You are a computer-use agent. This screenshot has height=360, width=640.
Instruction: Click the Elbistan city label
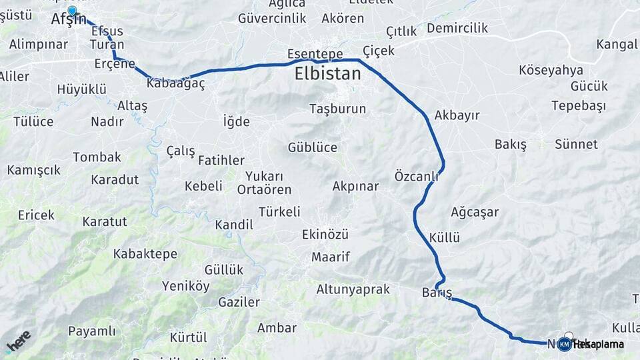click(x=327, y=74)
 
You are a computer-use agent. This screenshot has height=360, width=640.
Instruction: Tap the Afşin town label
click(x=69, y=21)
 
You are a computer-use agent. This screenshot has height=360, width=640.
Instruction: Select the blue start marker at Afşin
click(x=72, y=11)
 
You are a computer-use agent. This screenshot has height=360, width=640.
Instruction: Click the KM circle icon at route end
click(x=564, y=344)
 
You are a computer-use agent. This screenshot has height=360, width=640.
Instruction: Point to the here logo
click(x=18, y=341)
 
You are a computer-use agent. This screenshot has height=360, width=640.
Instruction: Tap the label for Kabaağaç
click(x=175, y=84)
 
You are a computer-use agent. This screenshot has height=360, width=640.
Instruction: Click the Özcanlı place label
click(x=416, y=176)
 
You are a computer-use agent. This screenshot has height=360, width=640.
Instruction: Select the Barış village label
click(x=437, y=293)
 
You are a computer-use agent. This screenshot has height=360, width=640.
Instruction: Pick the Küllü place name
click(x=445, y=238)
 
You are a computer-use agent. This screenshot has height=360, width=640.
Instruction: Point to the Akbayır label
click(x=457, y=115)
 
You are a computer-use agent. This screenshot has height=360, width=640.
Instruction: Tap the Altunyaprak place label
click(x=354, y=289)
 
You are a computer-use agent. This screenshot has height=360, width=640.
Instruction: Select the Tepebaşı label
click(x=579, y=106)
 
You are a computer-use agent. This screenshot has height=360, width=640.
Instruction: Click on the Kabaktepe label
click(x=145, y=254)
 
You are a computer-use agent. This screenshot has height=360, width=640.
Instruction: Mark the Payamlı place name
click(x=92, y=331)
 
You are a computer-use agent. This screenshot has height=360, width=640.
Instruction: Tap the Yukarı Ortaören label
click(x=264, y=183)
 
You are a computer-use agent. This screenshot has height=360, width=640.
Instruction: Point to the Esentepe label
click(x=315, y=53)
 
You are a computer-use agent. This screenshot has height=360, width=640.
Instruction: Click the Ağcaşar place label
click(x=475, y=213)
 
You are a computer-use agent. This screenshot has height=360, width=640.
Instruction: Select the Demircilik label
click(x=457, y=28)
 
